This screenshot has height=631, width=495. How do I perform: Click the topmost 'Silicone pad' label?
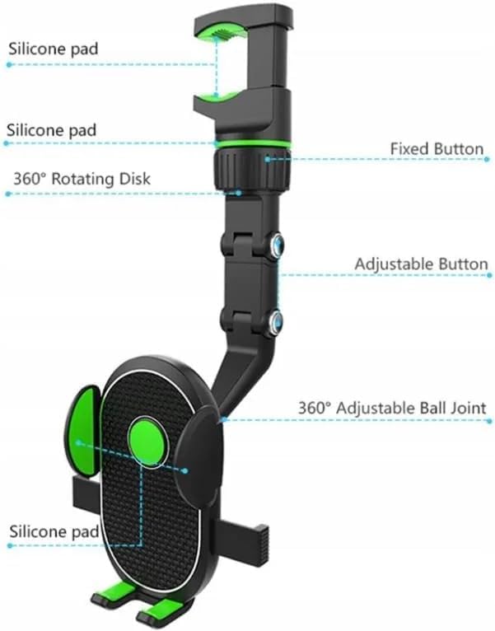coord(53,48)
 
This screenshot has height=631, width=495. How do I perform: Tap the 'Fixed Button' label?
coord(437,149)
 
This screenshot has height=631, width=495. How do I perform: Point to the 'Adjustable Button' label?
coord(421,264)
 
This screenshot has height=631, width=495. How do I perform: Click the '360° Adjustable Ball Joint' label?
coord(391,408)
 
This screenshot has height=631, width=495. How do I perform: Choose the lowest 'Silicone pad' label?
coord(53,531)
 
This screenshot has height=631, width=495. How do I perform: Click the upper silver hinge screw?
coord(277,245)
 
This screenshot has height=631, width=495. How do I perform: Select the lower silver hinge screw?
coord(277,320)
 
